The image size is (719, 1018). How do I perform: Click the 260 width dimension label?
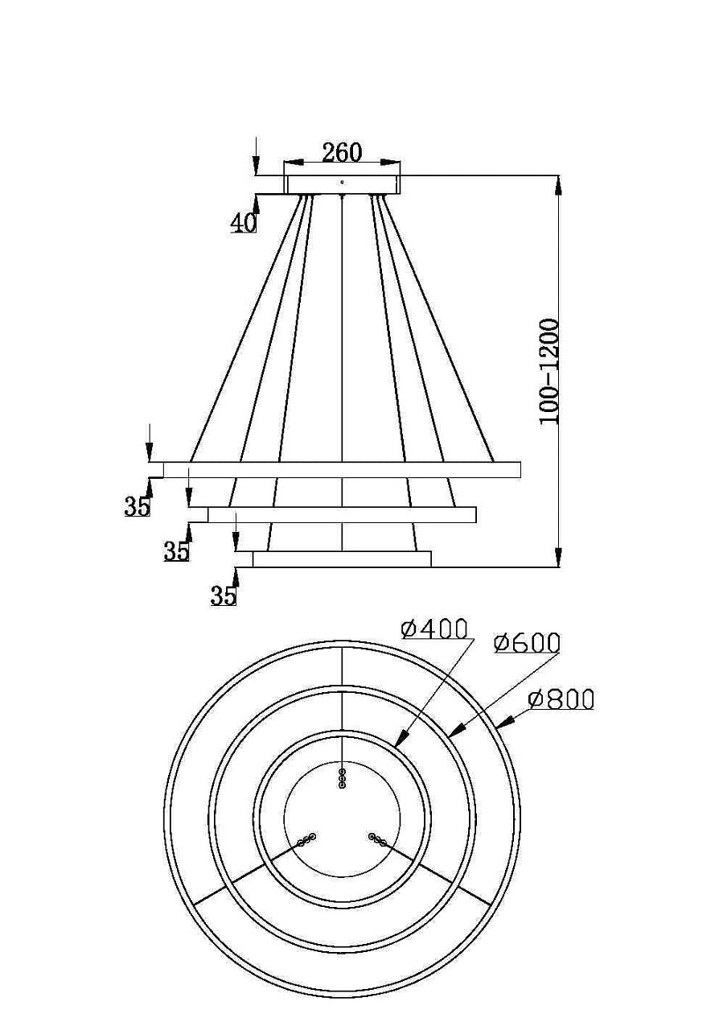[x=342, y=152]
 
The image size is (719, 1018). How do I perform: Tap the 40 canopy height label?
[x=243, y=223]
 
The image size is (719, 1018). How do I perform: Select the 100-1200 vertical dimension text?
[x=549, y=371]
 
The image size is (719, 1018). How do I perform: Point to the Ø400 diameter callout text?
[x=435, y=629]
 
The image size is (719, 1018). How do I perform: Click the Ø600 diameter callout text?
[x=528, y=643]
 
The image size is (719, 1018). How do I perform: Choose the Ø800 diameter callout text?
[x=561, y=699]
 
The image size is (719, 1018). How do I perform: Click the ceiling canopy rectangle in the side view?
[x=343, y=185]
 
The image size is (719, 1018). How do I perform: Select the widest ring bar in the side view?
[x=342, y=469]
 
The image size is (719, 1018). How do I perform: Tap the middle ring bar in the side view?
[x=342, y=514]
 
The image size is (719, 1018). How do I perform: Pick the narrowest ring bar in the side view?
[x=342, y=559]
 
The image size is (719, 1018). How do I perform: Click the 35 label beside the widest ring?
[x=137, y=506]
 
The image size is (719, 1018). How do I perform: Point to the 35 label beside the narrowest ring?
[x=224, y=596]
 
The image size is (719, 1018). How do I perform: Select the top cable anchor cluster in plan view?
[x=343, y=778]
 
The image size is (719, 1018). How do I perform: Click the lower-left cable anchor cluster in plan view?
[x=306, y=840]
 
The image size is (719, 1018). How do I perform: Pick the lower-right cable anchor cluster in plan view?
[x=377, y=840]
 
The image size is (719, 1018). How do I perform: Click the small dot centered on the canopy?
[x=343, y=182]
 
